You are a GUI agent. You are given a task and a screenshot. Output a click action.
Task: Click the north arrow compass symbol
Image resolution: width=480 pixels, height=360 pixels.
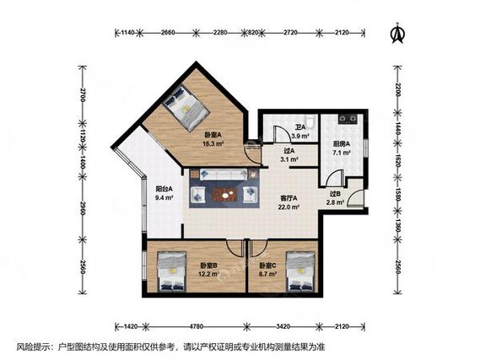(x=397, y=33)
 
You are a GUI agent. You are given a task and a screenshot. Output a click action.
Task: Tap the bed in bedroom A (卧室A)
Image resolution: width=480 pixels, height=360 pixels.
(x=186, y=108)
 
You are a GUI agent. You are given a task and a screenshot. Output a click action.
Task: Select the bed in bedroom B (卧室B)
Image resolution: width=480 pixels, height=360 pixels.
(x=171, y=271)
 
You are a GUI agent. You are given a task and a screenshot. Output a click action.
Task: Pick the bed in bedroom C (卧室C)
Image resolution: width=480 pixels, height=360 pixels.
(x=300, y=271)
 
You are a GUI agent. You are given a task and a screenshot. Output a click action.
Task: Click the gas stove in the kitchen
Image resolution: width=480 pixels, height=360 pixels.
(x=348, y=119)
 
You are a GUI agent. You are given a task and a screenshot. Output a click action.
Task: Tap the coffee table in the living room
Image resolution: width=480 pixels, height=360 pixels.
(x=225, y=195)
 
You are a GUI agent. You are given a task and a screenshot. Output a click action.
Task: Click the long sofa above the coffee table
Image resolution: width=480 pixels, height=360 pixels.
(x=224, y=175)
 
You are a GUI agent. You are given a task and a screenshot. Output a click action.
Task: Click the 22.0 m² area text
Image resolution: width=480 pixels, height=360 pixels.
(x=289, y=207)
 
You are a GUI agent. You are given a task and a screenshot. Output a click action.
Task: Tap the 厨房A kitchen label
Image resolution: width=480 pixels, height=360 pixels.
(x=342, y=144)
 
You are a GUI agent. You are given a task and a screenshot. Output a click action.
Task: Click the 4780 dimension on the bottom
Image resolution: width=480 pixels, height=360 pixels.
(x=196, y=326)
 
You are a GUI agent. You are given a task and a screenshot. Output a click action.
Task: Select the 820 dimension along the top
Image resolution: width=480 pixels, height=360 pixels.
(x=253, y=32)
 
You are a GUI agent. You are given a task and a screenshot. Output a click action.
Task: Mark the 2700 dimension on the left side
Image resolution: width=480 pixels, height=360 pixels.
(x=83, y=94)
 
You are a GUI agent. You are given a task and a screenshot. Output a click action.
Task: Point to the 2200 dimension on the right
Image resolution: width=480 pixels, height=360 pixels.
(x=397, y=89)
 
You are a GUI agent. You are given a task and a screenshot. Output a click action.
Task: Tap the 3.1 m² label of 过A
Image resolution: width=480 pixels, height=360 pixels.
(x=289, y=159)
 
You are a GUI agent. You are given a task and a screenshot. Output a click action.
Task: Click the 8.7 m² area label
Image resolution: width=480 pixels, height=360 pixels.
(x=268, y=274)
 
